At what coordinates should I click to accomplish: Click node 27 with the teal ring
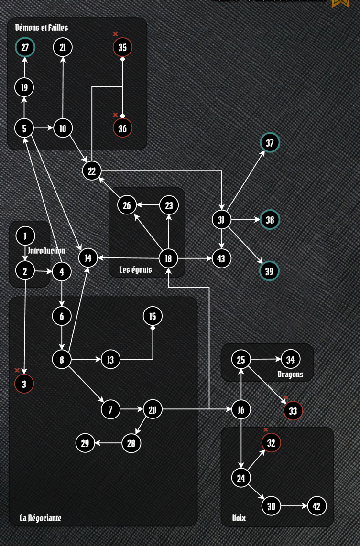point(24,47)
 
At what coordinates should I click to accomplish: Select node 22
point(92,171)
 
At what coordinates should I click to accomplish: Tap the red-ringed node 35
point(122,47)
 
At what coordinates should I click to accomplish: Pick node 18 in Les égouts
point(168,258)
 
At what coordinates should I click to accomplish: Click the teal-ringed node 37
point(270,143)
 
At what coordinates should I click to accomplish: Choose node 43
point(221,258)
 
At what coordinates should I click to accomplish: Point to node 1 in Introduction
point(25,236)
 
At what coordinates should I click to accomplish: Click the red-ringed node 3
point(24,383)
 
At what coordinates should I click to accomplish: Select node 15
point(153,316)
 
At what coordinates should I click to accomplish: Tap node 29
point(85,443)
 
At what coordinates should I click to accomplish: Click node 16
point(241,409)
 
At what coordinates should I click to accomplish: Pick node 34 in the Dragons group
point(291,359)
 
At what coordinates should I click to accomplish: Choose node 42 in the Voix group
point(316,506)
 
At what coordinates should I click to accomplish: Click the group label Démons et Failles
point(42,28)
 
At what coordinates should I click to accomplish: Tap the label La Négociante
point(40,518)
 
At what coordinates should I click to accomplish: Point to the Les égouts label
point(135,270)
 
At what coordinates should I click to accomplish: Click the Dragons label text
point(290,374)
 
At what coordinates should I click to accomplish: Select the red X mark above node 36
point(115,115)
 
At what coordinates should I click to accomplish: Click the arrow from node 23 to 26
point(148,205)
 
